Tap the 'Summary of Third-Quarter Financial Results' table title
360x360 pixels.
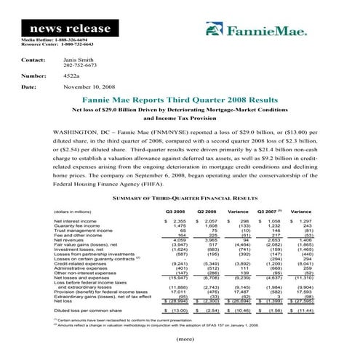[180, 177]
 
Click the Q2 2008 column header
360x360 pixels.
[207, 191]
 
